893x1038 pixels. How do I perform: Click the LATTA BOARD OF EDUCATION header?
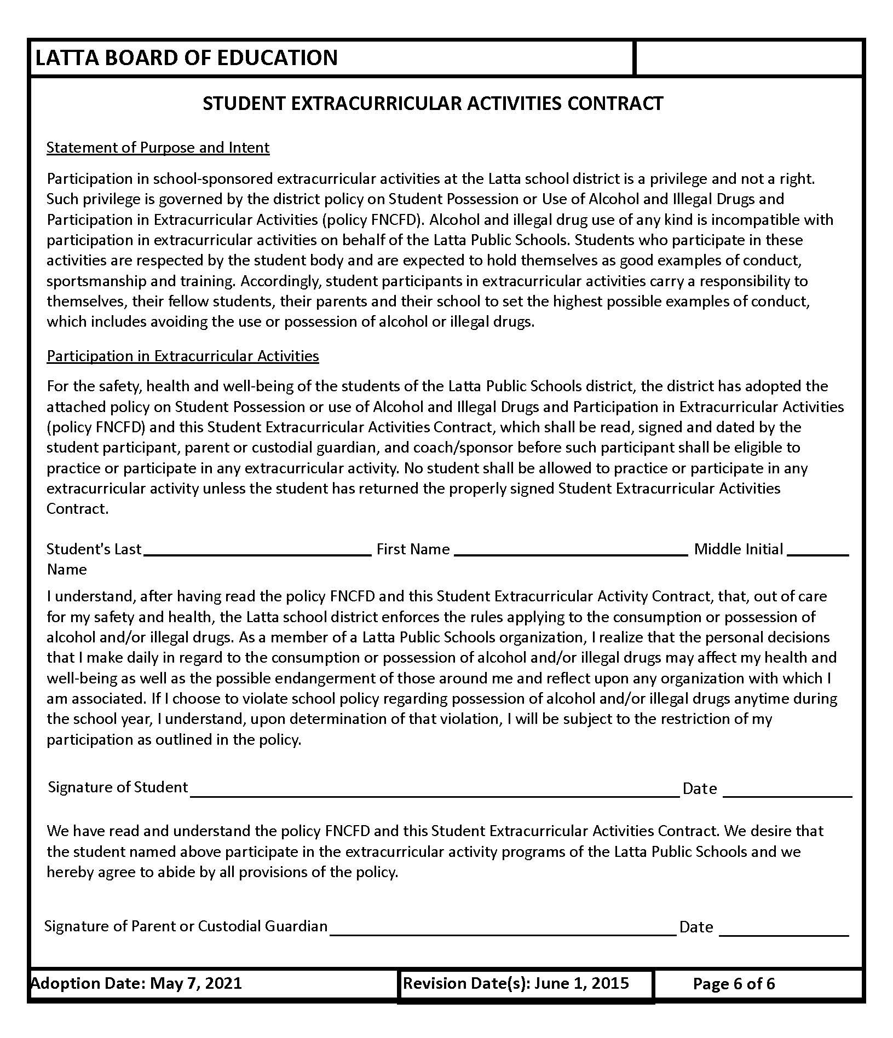click(186, 57)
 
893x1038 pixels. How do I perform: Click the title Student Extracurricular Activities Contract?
click(433, 103)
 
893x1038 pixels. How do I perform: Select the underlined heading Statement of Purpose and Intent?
click(158, 148)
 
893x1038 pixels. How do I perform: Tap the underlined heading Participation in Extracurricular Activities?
click(182, 356)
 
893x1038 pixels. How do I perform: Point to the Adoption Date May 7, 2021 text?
click(137, 983)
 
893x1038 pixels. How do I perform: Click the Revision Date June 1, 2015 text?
click(516, 983)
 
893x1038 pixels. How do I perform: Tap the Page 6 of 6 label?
click(734, 984)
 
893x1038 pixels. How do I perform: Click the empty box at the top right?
click(748, 57)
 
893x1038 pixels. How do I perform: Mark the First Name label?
click(413, 549)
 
